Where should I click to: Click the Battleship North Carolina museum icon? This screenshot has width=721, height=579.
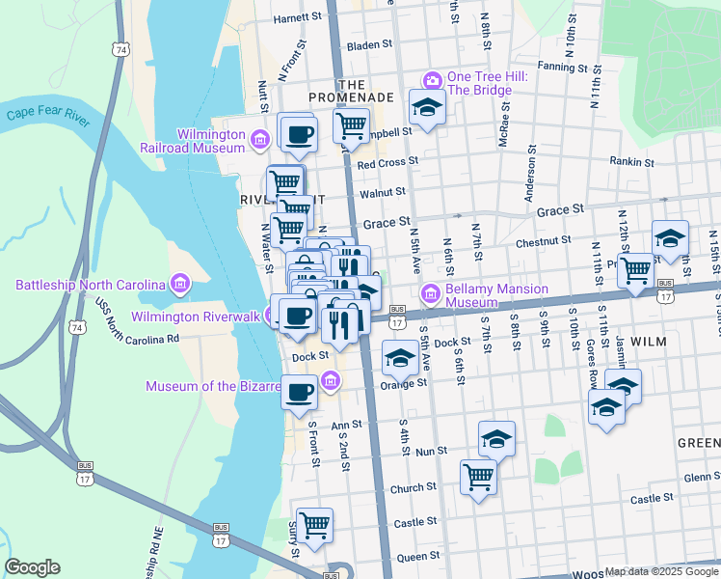[179, 285]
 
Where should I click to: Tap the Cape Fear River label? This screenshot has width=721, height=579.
[47, 115]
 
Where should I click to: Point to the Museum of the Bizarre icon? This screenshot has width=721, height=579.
[331, 379]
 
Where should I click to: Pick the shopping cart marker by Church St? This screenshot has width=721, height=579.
[478, 476]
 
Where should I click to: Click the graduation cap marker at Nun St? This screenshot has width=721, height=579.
[496, 439]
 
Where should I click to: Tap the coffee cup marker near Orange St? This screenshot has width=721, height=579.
[300, 392]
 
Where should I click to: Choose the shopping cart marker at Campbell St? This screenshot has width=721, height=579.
[352, 124]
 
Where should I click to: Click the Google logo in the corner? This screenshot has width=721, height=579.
[32, 567]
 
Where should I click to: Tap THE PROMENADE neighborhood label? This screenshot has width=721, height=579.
[351, 91]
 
